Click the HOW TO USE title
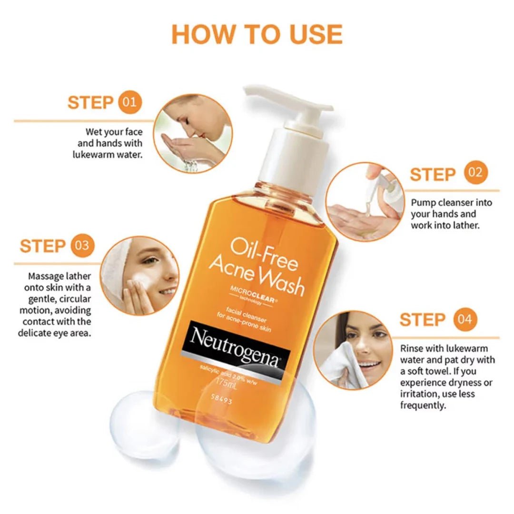coord(257,34)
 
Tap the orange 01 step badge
coord(129,102)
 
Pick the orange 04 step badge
coord(465,319)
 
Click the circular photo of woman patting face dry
coord(353,350)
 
